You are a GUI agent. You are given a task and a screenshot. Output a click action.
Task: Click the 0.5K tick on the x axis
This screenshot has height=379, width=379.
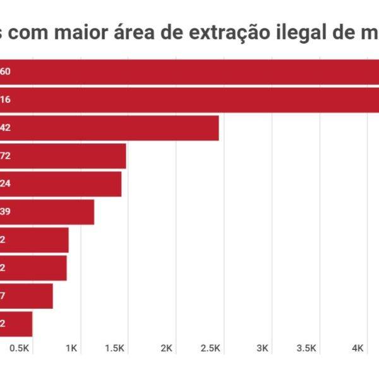[x=20, y=348]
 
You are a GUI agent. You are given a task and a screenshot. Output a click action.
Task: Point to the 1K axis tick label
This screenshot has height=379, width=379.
[x=71, y=348]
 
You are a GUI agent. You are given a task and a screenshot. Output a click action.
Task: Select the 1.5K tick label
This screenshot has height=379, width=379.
[x=116, y=348]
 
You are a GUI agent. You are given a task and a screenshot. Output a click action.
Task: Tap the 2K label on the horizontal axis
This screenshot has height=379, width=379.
[x=167, y=348]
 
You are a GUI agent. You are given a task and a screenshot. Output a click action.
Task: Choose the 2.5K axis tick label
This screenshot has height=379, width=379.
[x=210, y=348]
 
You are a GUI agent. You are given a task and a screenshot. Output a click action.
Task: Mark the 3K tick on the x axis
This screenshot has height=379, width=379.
[x=263, y=348]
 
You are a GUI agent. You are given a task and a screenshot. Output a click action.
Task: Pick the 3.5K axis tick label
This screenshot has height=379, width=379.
[x=306, y=348]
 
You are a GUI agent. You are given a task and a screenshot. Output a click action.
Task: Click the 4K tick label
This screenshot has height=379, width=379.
[x=358, y=348]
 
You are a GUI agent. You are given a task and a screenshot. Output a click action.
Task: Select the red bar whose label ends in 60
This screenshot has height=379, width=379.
[x=189, y=71]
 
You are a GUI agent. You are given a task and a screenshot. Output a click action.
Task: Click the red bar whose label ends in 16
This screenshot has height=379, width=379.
[x=189, y=99]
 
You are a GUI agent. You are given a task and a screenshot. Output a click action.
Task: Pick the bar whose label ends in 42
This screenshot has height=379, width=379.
[x=114, y=128]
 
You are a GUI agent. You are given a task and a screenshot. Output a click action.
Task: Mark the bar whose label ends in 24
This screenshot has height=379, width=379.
[x=63, y=184]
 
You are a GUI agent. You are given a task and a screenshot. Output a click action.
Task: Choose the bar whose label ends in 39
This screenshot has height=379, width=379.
[x=51, y=212]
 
